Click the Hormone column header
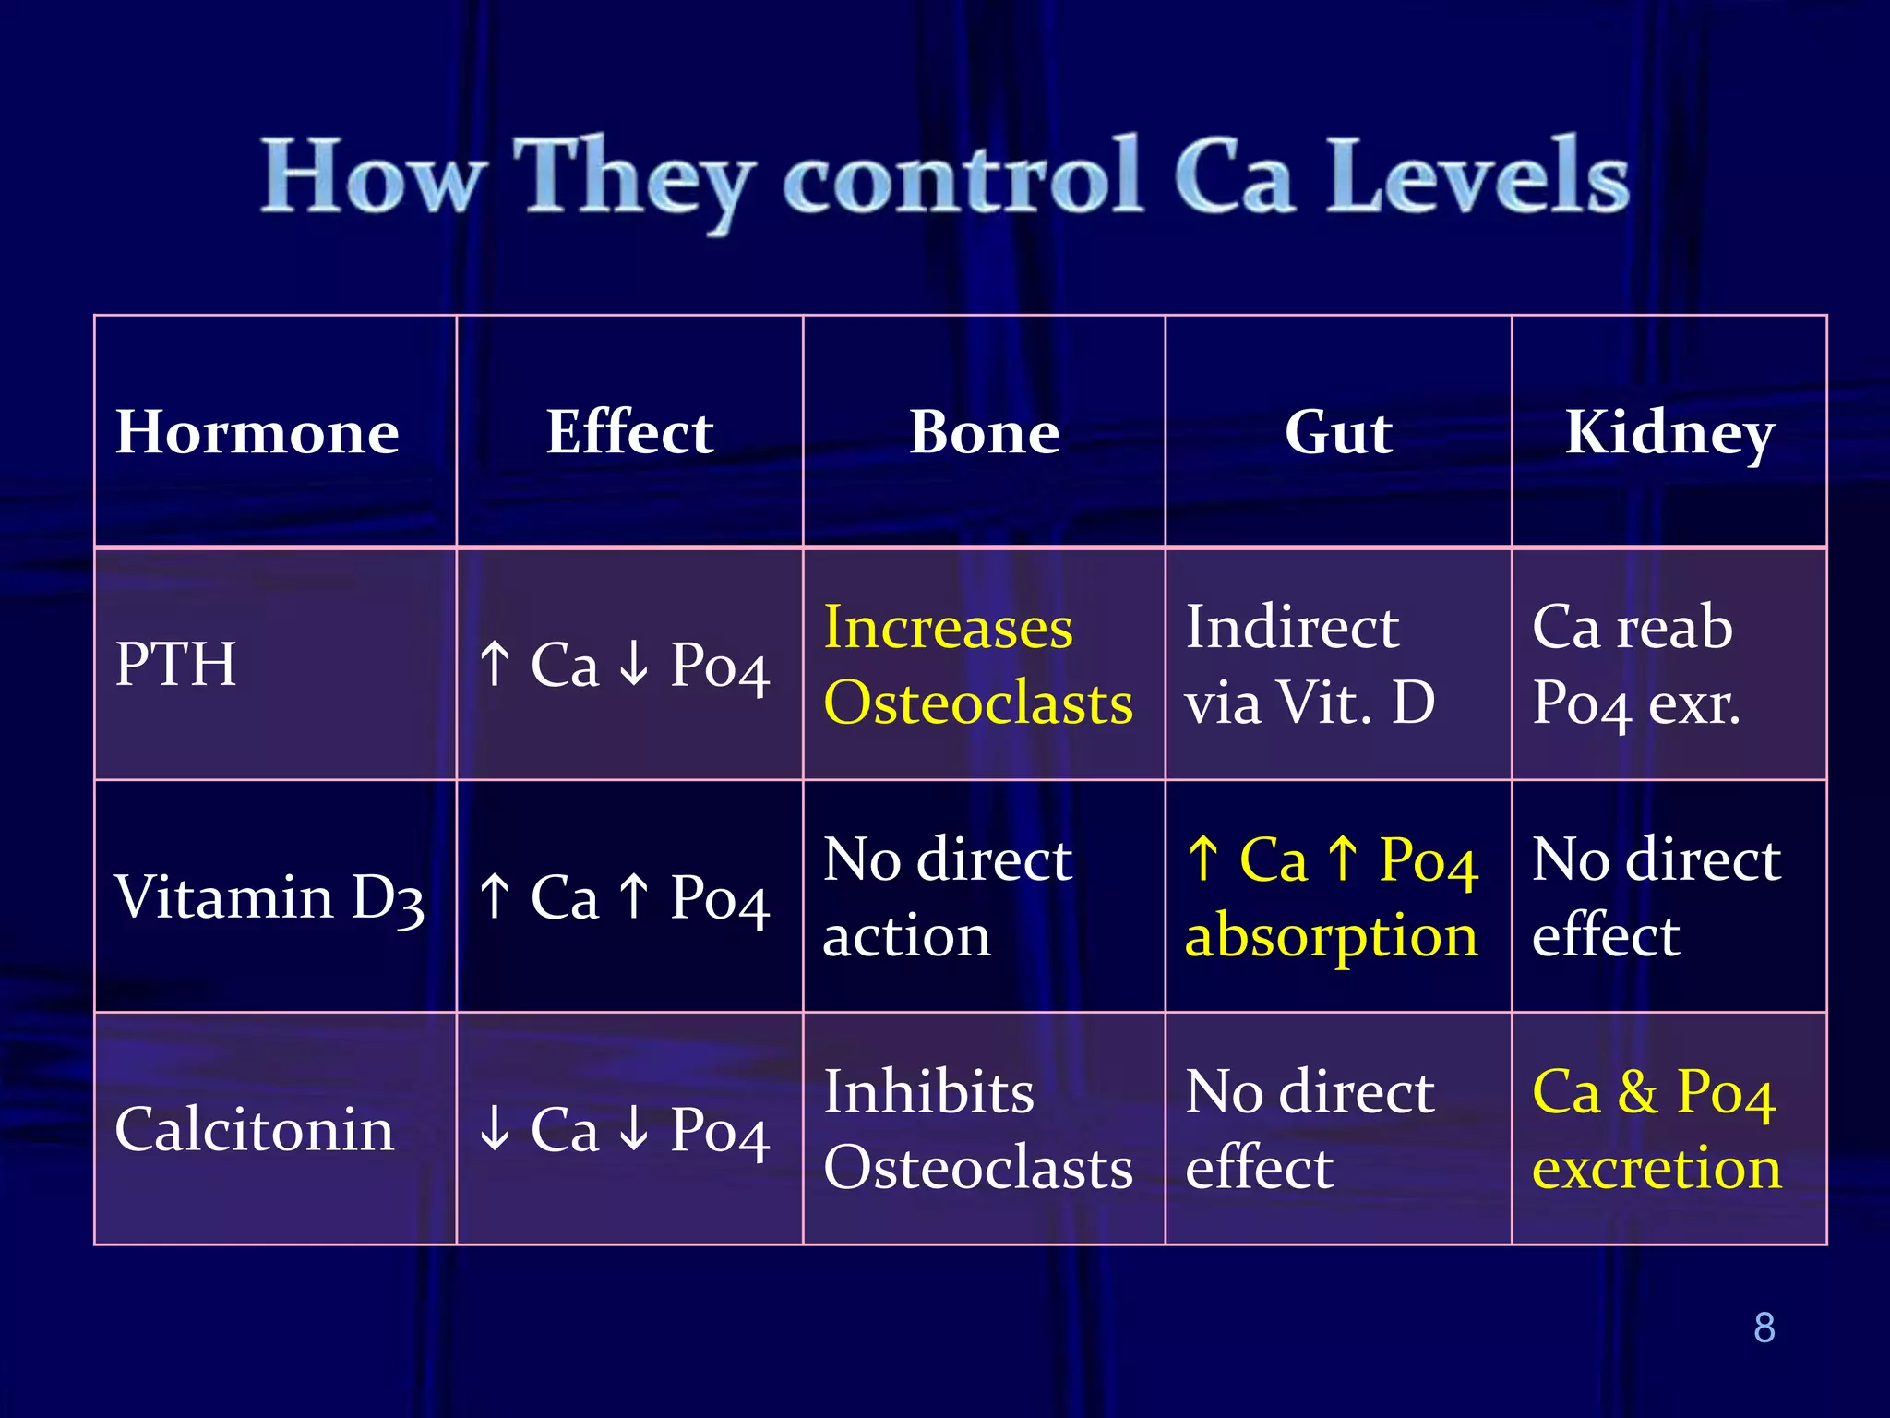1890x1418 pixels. [257, 432]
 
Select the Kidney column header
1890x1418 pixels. [1669, 432]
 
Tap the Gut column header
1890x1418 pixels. [1338, 432]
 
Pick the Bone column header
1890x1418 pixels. [984, 432]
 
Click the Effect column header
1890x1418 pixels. [629, 432]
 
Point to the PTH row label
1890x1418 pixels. [175, 664]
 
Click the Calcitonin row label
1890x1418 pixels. [255, 1129]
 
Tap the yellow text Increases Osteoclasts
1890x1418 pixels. [978, 665]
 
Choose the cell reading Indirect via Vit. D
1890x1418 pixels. [1310, 665]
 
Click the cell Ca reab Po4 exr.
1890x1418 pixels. [1635, 665]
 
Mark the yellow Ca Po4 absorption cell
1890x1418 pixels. [1332, 896]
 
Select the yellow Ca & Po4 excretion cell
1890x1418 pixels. [1657, 1129]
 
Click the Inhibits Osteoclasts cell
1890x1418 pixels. [978, 1129]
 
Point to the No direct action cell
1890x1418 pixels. [947, 896]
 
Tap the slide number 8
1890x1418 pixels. [1764, 1328]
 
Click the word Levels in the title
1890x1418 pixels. [1477, 175]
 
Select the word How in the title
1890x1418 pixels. [373, 175]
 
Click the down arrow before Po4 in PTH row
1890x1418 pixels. [634, 664]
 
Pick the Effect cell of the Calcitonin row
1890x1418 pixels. [626, 1129]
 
